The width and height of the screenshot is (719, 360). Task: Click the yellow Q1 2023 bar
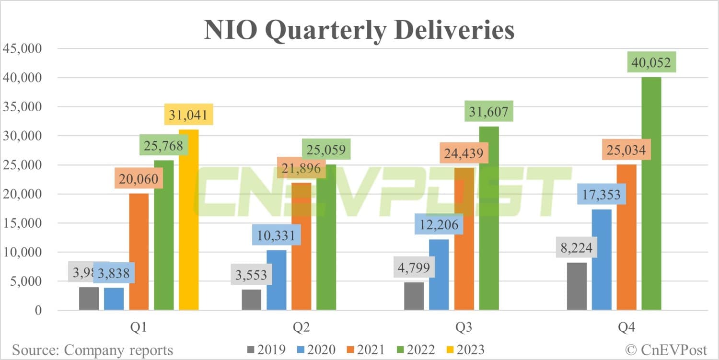(188, 221)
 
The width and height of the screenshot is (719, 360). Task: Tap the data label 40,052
(651, 63)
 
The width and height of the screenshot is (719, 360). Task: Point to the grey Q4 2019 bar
(577, 286)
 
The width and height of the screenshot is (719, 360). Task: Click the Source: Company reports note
(92, 350)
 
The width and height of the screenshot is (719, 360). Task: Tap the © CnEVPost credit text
(669, 350)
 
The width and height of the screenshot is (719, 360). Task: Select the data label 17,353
(602, 195)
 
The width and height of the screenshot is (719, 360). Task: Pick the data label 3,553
(251, 276)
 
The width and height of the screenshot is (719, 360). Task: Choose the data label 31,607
(489, 112)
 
